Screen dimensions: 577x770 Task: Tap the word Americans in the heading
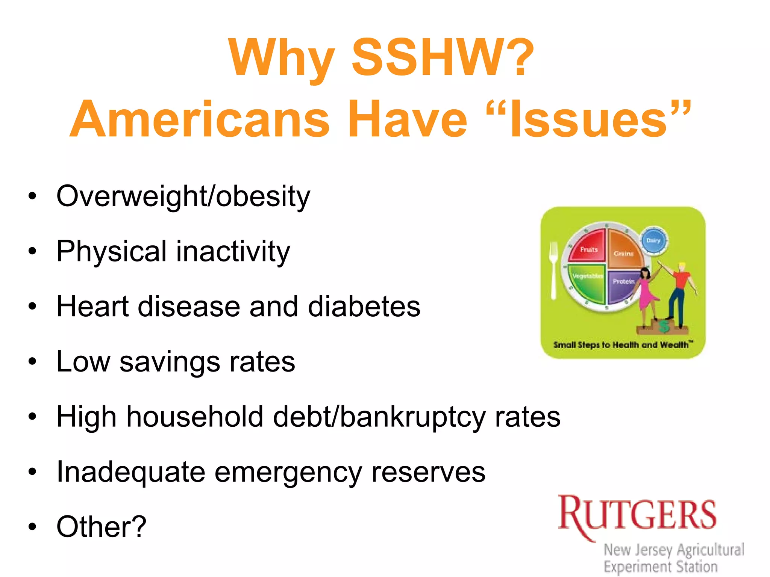click(200, 119)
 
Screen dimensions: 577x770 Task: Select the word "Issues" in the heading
click(588, 119)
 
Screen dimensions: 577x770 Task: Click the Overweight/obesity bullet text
click(183, 196)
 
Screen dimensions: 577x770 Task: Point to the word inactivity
click(233, 251)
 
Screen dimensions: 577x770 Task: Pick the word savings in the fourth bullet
click(170, 362)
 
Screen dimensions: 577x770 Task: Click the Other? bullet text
click(101, 527)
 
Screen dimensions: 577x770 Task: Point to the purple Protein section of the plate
click(621, 285)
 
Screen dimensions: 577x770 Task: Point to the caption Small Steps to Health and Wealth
click(623, 345)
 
